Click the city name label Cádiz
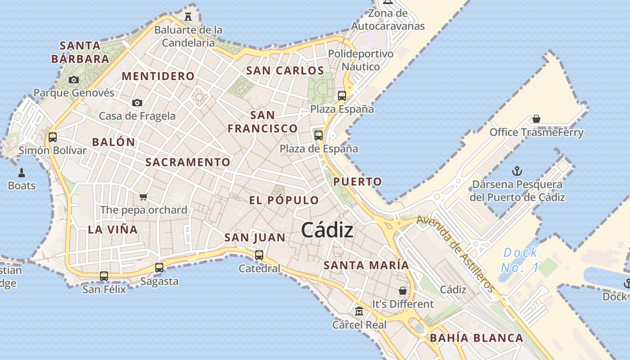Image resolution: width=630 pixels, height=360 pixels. [327, 230]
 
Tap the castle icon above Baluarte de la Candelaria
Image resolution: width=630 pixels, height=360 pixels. [188, 17]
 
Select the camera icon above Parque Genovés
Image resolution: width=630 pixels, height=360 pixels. [74, 80]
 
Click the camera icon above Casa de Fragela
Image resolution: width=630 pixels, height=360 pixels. [137, 103]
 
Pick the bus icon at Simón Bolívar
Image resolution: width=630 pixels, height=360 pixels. [53, 137]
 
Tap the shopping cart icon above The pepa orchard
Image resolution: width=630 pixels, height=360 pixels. [144, 196]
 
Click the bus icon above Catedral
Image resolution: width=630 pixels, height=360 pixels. [259, 255]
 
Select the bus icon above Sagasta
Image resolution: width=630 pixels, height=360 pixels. [159, 267]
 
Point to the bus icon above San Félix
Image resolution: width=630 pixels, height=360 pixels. [104, 276]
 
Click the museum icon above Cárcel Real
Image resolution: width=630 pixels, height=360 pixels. [359, 311]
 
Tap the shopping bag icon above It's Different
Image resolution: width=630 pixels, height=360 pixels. [403, 291]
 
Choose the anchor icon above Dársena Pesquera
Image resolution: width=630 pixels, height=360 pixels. [517, 171]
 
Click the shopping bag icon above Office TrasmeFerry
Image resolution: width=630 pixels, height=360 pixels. [536, 119]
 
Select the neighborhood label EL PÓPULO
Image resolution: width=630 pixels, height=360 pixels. [284, 200]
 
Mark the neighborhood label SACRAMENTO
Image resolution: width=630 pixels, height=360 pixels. [188, 162]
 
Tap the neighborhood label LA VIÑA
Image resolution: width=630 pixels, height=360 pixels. [112, 229]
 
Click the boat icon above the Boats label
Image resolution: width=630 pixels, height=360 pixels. [21, 172]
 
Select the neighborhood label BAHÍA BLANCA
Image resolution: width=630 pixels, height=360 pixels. [477, 338]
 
